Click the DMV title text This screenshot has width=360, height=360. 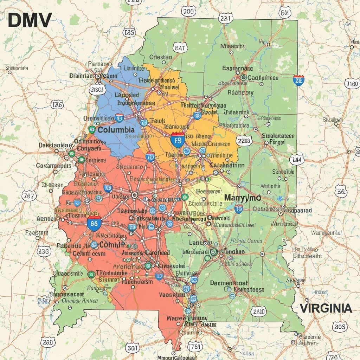point(30,20)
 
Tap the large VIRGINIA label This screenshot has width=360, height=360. point(326,309)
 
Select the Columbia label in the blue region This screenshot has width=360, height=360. point(116,130)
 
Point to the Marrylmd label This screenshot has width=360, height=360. point(243,198)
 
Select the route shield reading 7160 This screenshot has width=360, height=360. point(352,84)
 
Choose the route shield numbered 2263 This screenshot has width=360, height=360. point(244,141)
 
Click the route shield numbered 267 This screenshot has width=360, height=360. point(28,196)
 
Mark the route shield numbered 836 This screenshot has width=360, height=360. point(44,251)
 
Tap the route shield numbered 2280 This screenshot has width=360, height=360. point(259,311)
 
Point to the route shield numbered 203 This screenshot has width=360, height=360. point(340,327)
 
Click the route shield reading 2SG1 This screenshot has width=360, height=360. point(97,90)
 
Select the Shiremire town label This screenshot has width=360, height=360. point(17,68)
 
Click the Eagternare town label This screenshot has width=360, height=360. point(238,69)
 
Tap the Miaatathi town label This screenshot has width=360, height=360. point(233,46)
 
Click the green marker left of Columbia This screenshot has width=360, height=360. point(92,129)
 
